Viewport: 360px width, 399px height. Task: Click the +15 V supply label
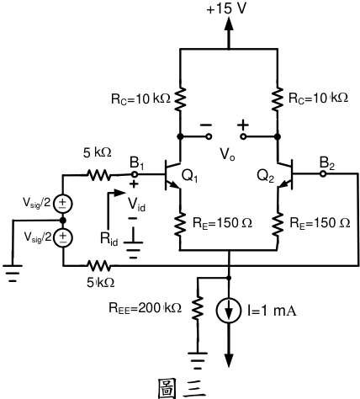pyautogui.click(x=226, y=8)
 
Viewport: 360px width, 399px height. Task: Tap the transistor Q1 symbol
pyautogui.click(x=172, y=174)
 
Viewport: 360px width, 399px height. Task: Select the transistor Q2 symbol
pyautogui.click(x=285, y=174)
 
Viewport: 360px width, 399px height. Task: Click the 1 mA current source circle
pyautogui.click(x=229, y=310)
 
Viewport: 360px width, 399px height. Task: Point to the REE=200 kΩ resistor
pyautogui.click(x=198, y=307)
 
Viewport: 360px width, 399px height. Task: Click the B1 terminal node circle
pyautogui.click(x=135, y=174)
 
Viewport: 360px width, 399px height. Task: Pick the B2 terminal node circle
pyautogui.click(x=323, y=174)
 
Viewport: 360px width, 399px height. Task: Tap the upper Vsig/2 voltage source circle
pyautogui.click(x=63, y=203)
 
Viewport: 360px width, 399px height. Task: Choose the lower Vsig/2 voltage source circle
pyautogui.click(x=63, y=237)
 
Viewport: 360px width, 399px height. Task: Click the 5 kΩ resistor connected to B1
pyautogui.click(x=98, y=175)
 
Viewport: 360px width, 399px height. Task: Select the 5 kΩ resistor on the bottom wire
pyautogui.click(x=98, y=265)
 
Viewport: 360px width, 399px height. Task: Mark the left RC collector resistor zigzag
pyautogui.click(x=180, y=98)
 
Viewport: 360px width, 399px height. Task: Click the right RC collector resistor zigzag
pyautogui.click(x=278, y=98)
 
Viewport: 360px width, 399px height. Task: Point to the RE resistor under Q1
pyautogui.click(x=180, y=223)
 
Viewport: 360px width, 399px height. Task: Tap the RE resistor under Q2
pyautogui.click(x=278, y=223)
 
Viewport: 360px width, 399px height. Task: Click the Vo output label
pyautogui.click(x=227, y=154)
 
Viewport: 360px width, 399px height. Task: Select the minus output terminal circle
pyautogui.click(x=209, y=136)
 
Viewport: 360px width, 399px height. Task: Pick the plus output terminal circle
pyautogui.click(x=243, y=136)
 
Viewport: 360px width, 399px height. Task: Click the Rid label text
pyautogui.click(x=109, y=239)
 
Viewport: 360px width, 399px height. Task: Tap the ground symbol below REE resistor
pyautogui.click(x=198, y=360)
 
